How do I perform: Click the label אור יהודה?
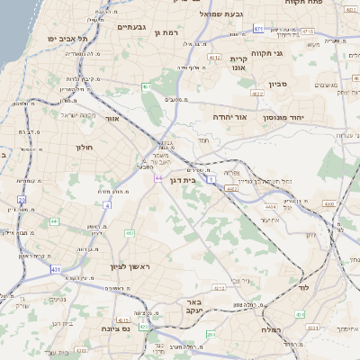(x=229, y=117)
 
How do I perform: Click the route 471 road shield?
(x=258, y=29)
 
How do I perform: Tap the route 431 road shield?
(x=56, y=268)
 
